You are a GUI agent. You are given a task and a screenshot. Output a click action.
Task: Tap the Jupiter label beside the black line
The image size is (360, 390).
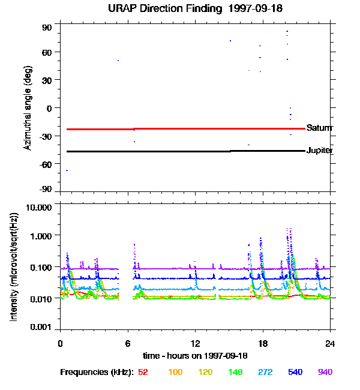click(319, 151)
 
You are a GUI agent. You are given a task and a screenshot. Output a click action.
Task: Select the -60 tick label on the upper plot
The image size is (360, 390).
click(46, 164)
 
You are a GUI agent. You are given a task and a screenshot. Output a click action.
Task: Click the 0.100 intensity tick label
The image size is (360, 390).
click(41, 266)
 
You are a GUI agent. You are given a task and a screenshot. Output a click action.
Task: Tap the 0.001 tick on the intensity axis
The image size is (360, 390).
click(41, 328)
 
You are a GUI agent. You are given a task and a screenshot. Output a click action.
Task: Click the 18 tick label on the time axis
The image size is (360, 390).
click(263, 343)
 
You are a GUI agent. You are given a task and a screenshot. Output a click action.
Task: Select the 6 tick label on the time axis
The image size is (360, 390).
click(128, 343)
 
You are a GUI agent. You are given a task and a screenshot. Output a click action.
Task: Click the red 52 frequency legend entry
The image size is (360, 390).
click(143, 373)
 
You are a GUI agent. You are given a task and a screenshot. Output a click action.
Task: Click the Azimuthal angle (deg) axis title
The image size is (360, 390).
click(28, 108)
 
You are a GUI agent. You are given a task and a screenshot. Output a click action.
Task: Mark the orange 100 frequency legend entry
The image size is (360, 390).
click(175, 373)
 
